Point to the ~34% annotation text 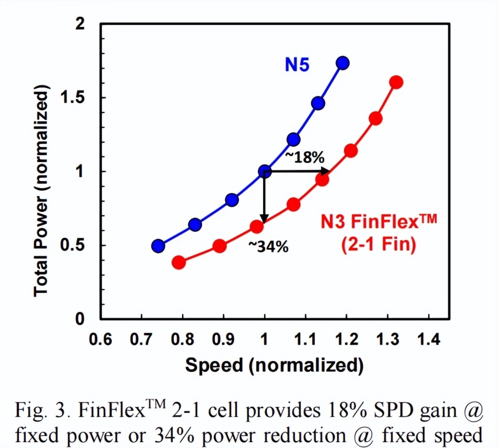pos(267,247)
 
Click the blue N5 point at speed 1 pos(265,171)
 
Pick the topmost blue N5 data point pos(342,63)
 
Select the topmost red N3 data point pos(396,83)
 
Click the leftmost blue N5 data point pos(158,246)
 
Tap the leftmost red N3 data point pos(179,262)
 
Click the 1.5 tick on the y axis pos(79,98)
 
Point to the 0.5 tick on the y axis pos(79,246)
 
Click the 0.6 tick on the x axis pos(101,340)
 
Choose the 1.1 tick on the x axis pos(306,340)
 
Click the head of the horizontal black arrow pos(327,171)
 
